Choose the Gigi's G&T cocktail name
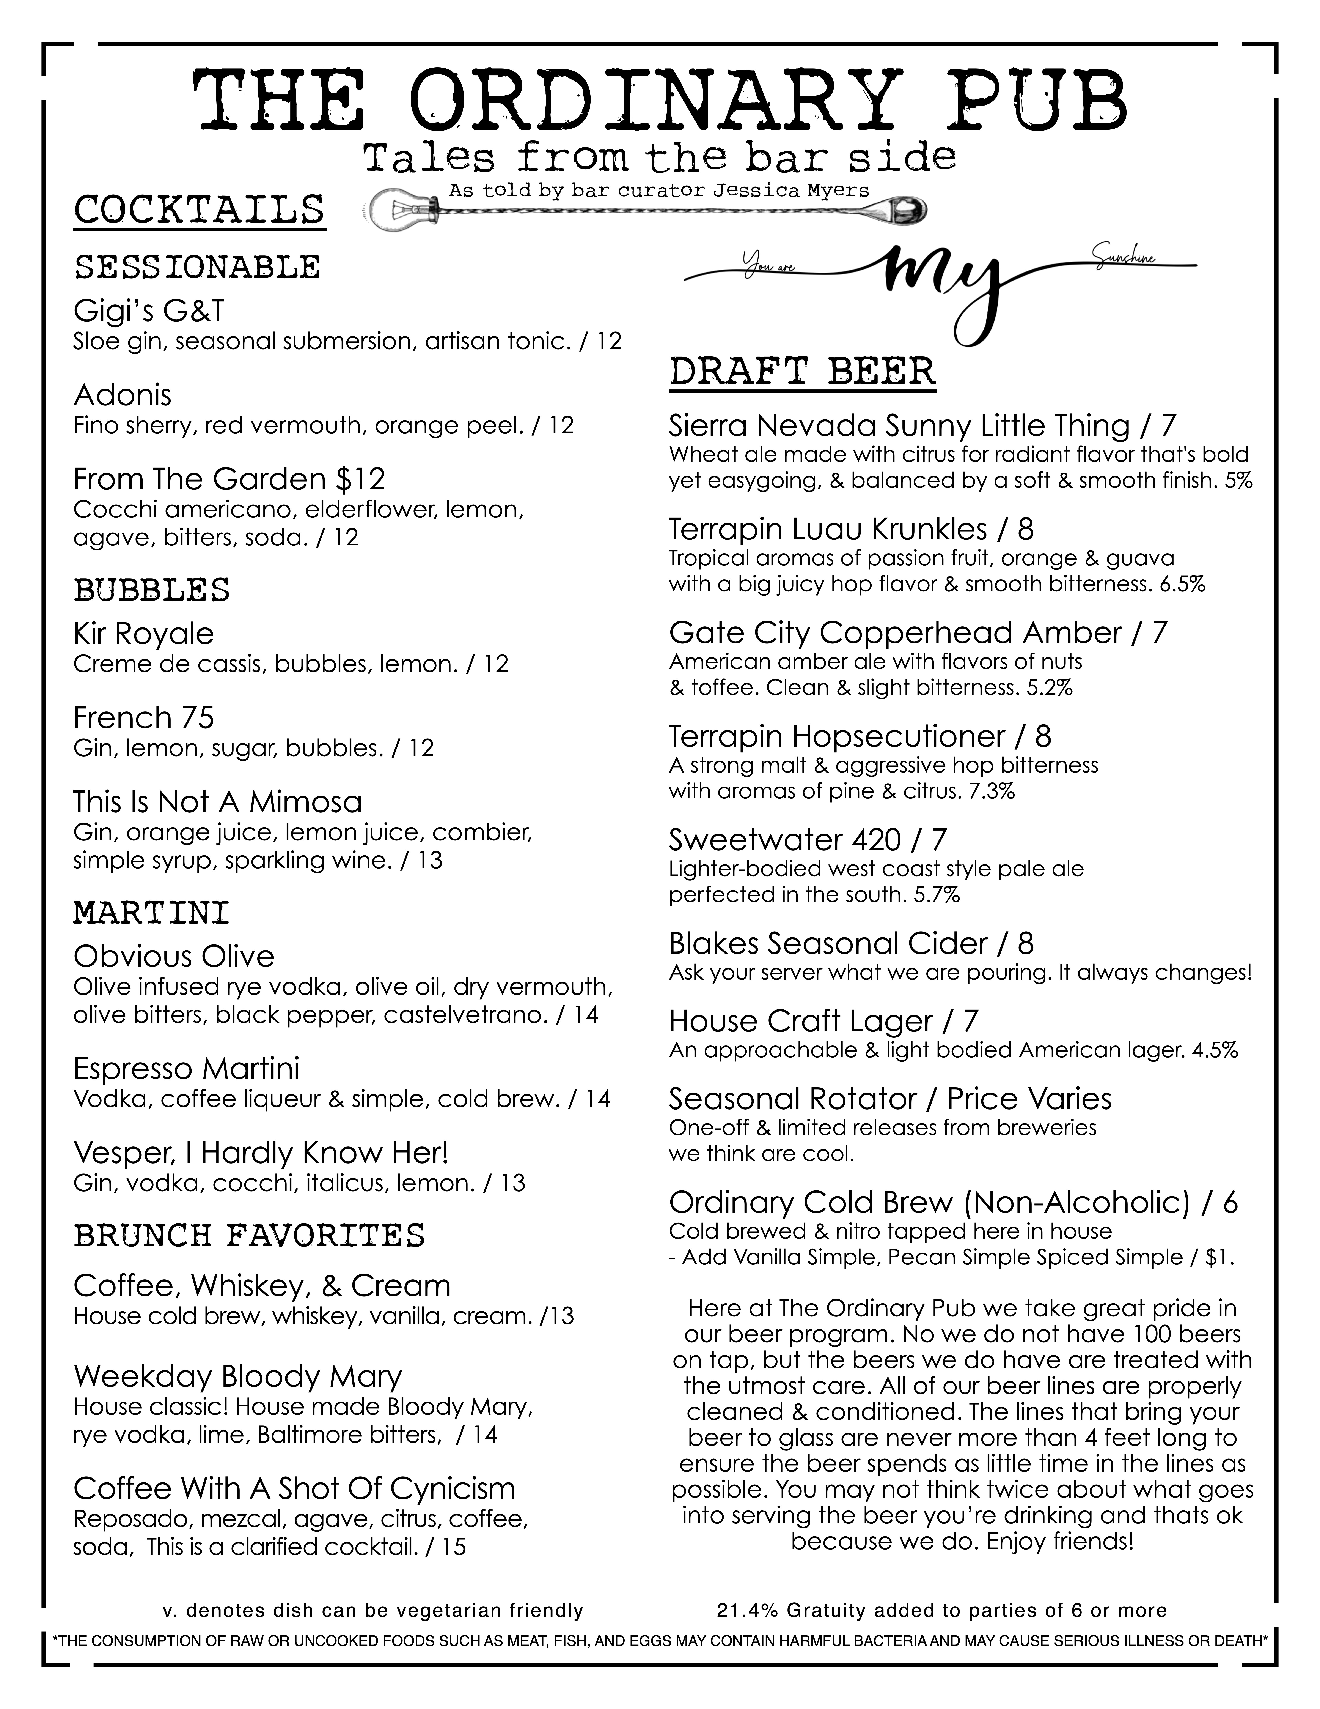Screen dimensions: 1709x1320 tap(149, 311)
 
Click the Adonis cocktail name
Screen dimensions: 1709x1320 tap(122, 395)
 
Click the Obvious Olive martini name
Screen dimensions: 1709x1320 tap(174, 956)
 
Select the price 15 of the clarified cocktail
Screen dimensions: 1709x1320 tap(454, 1547)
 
